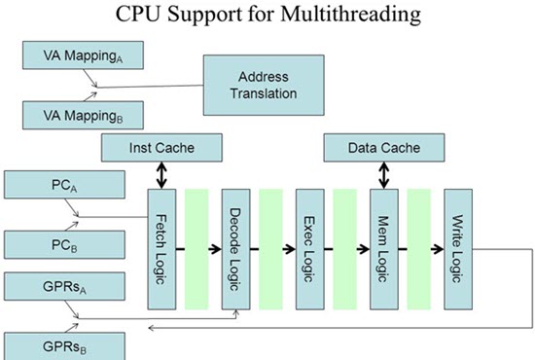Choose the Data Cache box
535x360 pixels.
[x=383, y=148]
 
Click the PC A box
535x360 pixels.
[x=65, y=185]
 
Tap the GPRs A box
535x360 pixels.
[x=65, y=287]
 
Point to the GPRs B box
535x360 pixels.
[x=65, y=344]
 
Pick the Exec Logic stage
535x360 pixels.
[x=309, y=249]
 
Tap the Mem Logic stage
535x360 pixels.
[x=383, y=249]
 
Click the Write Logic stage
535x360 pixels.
[x=456, y=249]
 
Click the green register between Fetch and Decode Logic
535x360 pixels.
[x=197, y=249]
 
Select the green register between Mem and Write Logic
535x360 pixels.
[x=419, y=249]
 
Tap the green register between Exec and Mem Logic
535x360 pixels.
[x=345, y=249]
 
